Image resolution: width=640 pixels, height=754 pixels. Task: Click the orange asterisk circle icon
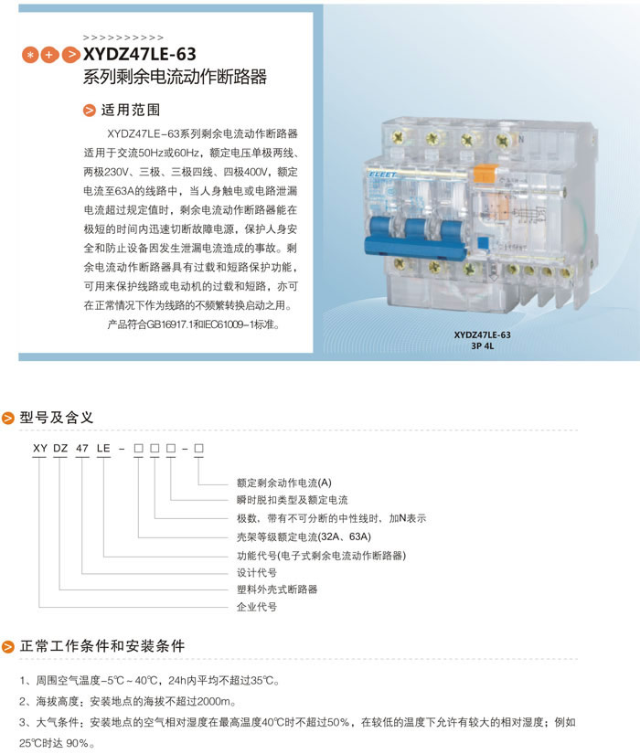tap(30, 55)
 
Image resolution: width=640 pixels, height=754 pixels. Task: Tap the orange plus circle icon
tap(49, 55)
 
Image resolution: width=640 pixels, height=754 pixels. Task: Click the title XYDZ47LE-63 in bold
tap(140, 54)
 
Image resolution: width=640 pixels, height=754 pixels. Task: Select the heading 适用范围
tap(131, 110)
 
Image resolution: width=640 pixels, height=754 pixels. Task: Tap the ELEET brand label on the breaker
tap(383, 175)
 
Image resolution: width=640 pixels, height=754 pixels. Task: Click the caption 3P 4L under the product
tap(482, 345)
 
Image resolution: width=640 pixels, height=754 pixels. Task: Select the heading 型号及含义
tap(57, 418)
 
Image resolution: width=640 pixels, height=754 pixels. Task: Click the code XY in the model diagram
tap(40, 448)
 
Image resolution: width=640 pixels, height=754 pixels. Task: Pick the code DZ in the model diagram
tap(60, 448)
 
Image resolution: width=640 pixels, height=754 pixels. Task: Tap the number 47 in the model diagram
tap(82, 448)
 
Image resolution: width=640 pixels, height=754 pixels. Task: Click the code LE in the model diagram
tap(103, 448)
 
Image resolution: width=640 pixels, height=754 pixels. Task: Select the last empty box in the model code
tap(198, 448)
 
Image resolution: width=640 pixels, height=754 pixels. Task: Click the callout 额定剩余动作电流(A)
tap(284, 483)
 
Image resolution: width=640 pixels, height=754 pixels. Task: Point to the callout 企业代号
tap(257, 607)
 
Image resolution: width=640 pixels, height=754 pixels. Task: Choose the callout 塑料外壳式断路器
tap(277, 589)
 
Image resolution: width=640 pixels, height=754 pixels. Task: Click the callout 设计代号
tap(257, 573)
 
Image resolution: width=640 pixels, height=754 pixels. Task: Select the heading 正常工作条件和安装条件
tap(102, 646)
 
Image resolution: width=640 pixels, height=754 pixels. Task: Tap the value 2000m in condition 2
tap(213, 702)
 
